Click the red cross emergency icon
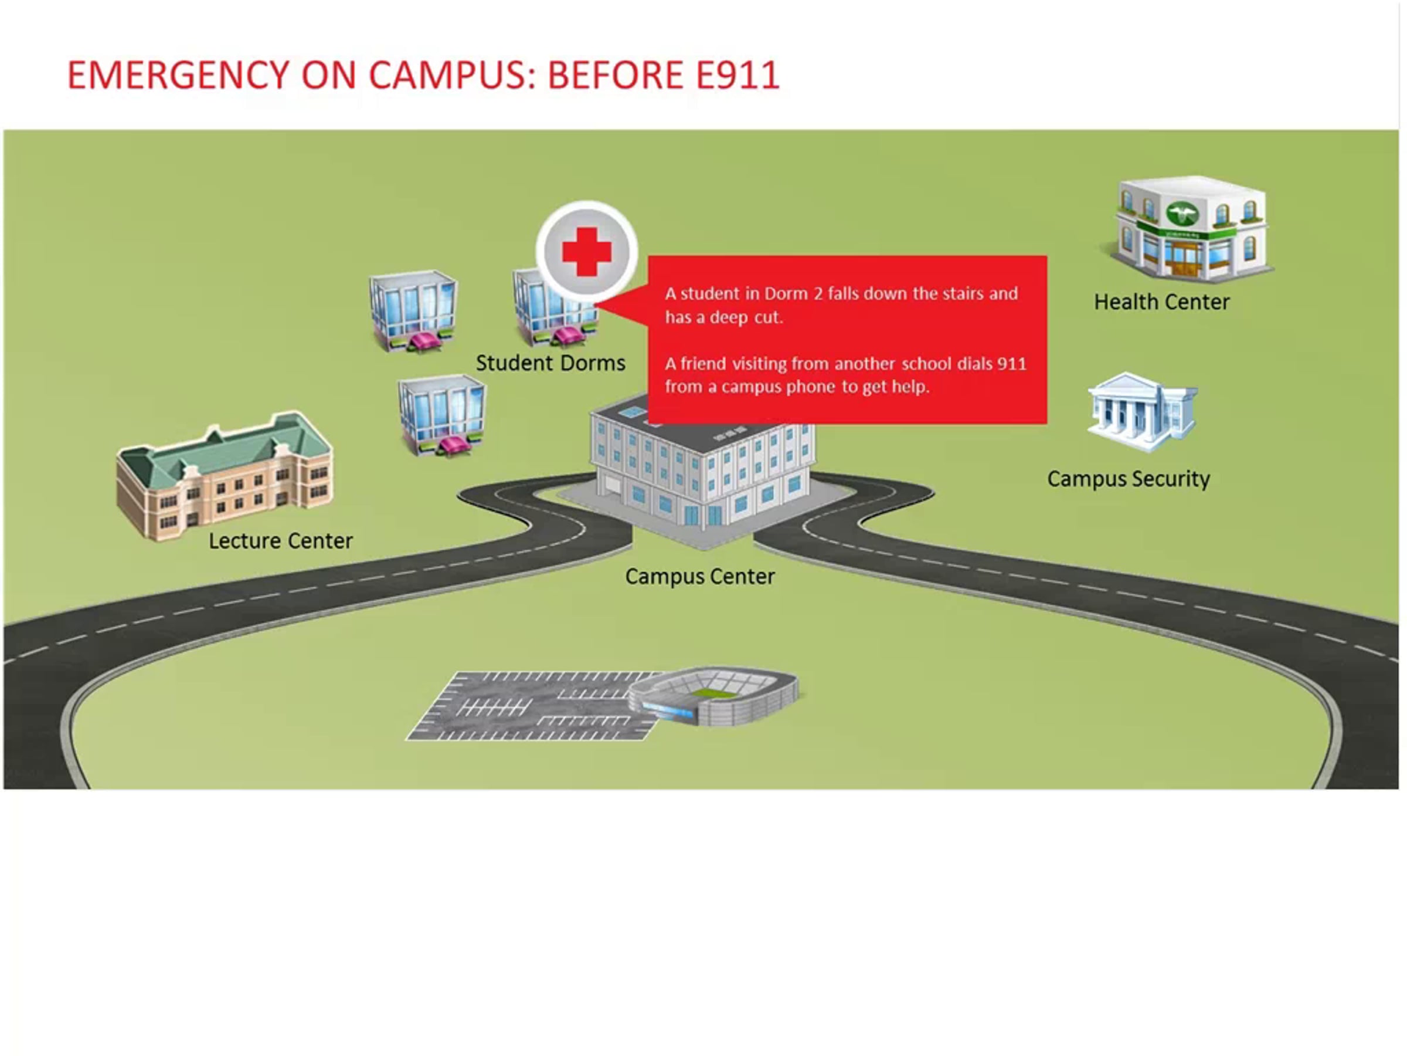pos(586,252)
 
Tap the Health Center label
pos(1161,302)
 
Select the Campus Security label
pos(1129,479)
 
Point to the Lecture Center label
pos(280,540)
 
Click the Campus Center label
pos(699,576)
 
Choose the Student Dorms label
pos(550,363)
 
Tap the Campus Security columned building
pos(1143,412)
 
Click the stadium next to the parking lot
pos(713,696)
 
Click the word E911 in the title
pos(738,75)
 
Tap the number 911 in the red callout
pos(1011,364)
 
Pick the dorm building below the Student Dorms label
pos(442,415)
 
